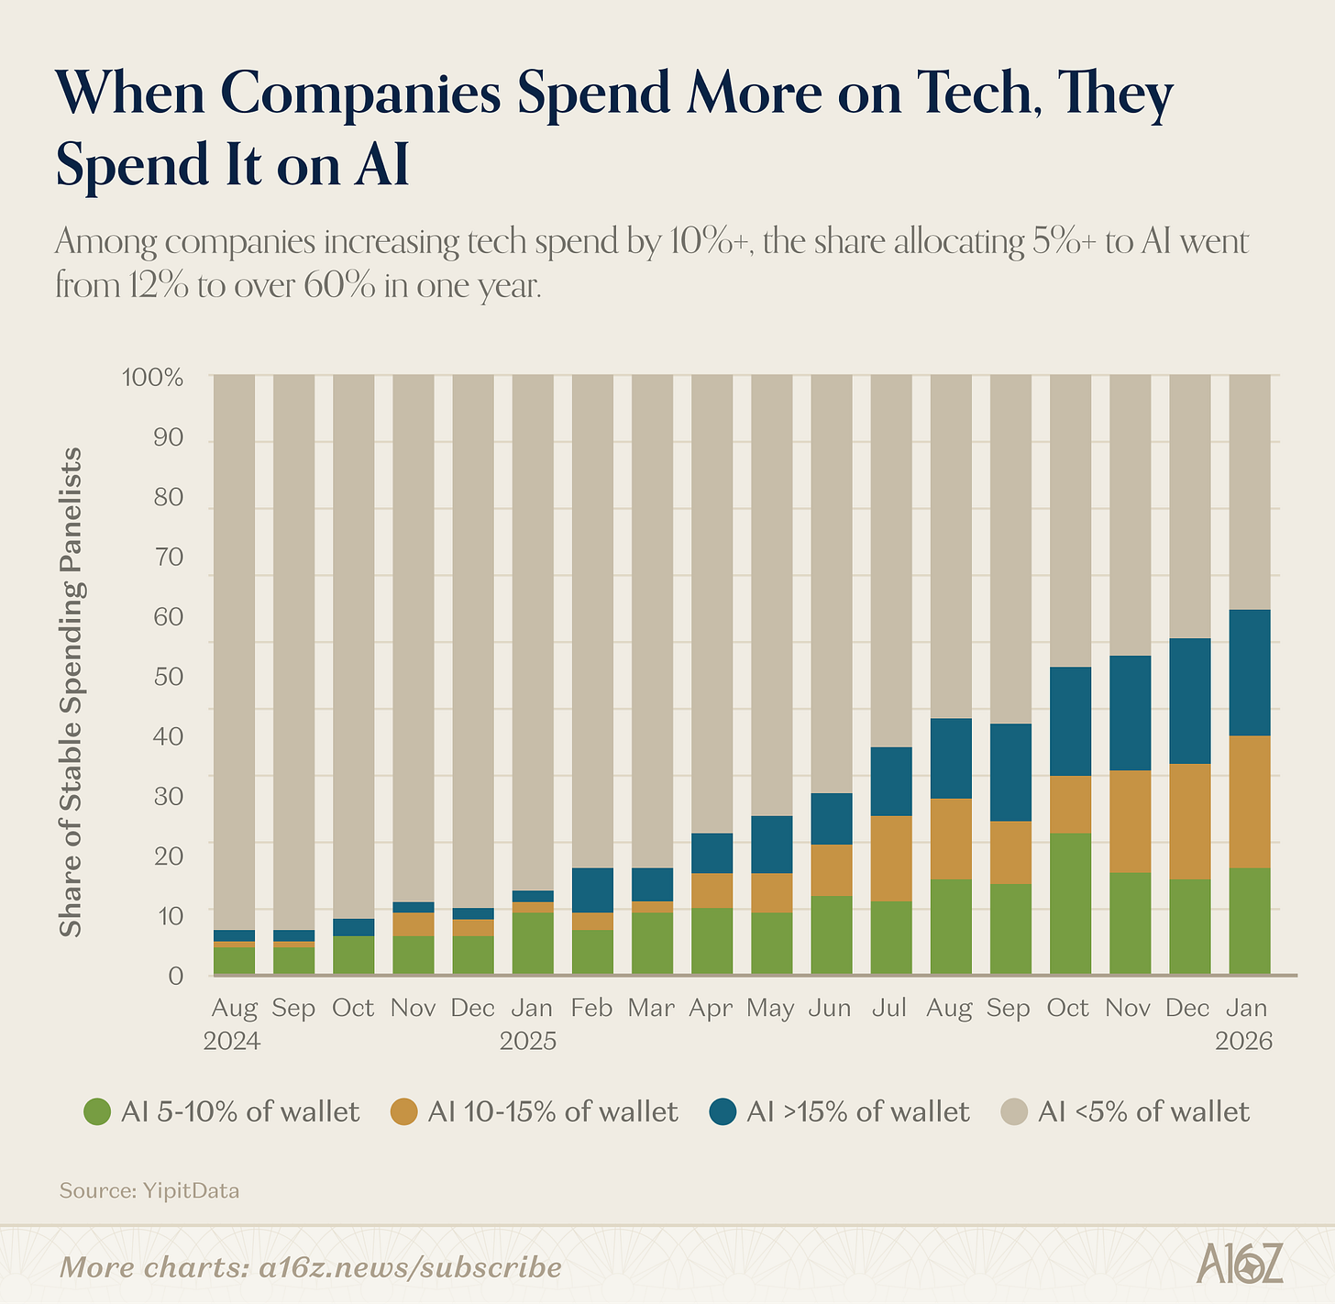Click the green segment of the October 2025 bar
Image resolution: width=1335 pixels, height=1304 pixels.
pyautogui.click(x=1070, y=902)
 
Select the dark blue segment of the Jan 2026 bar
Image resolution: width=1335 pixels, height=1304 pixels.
pyautogui.click(x=1249, y=672)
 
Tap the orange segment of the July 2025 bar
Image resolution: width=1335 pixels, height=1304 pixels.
pyautogui.click(x=891, y=858)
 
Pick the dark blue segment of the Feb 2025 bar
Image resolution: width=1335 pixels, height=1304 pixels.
pyautogui.click(x=592, y=890)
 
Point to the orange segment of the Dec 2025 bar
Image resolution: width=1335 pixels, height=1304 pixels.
pyautogui.click(x=1189, y=822)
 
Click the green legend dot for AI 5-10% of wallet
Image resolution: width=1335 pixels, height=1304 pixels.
pyautogui.click(x=96, y=1112)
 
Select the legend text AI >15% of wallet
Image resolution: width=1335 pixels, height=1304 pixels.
pyautogui.click(x=857, y=1112)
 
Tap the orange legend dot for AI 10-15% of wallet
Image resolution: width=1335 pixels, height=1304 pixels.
pyautogui.click(x=403, y=1112)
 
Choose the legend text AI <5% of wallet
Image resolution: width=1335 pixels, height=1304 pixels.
pyautogui.click(x=1143, y=1112)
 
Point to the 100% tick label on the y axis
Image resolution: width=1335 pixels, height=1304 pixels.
pyautogui.click(x=152, y=377)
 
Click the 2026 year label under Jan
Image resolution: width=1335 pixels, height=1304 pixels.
pyautogui.click(x=1244, y=1042)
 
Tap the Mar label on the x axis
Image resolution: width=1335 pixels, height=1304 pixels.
pyautogui.click(x=651, y=1009)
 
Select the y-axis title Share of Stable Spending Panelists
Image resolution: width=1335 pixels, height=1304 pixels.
pyautogui.click(x=71, y=692)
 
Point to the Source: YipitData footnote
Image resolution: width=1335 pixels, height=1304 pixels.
pyautogui.click(x=149, y=1191)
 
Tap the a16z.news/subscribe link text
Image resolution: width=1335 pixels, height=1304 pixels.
pyautogui.click(x=410, y=1267)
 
